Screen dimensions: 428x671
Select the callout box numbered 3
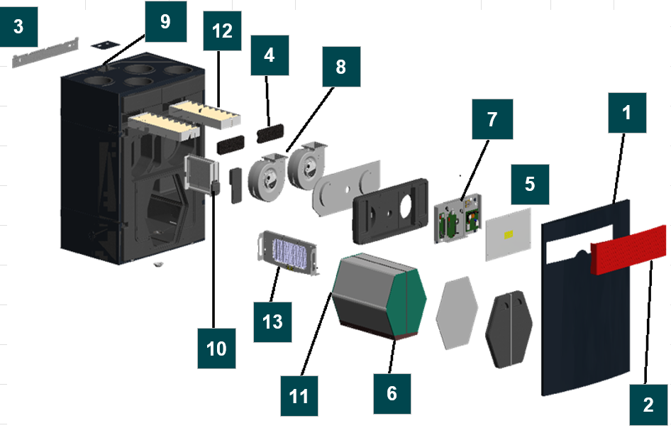pos(18,27)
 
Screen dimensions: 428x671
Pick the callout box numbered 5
pos(529,185)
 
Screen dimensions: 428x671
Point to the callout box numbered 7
pos(493,119)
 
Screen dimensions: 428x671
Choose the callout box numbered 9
pos(165,22)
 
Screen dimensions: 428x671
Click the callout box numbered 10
pos(216,348)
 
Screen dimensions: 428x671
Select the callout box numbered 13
pos(272,321)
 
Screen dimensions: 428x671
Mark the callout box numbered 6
pos(392,393)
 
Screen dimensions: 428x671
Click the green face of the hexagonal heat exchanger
pos(411,298)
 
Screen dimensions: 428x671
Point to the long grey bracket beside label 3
pos(44,54)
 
